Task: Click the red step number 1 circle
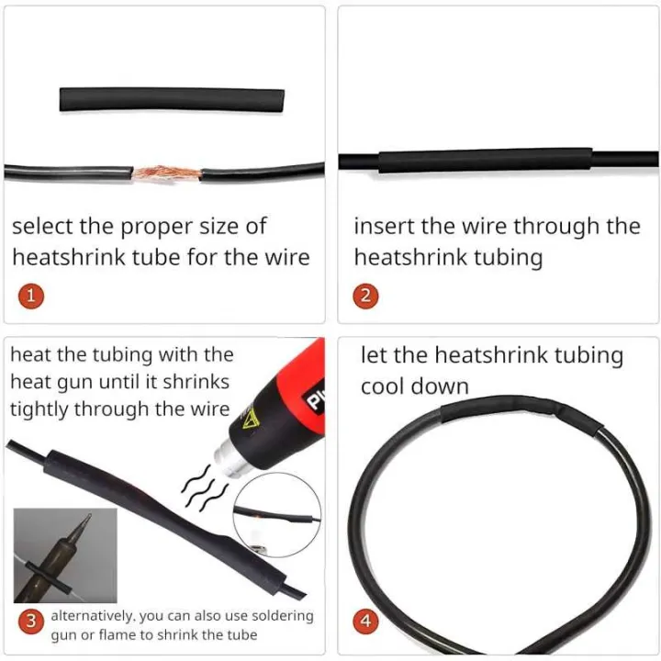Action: coord(31,296)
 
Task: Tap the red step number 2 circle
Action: coord(365,296)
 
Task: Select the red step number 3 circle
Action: coord(31,621)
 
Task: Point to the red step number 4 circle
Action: coord(365,621)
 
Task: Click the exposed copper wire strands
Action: coord(166,173)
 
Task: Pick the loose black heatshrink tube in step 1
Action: coord(172,99)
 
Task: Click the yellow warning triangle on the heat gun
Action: coord(250,419)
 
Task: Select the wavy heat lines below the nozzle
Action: coord(205,488)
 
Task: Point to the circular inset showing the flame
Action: coord(277,515)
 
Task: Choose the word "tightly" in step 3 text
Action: coord(39,409)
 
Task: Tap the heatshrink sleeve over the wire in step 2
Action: coord(486,160)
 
